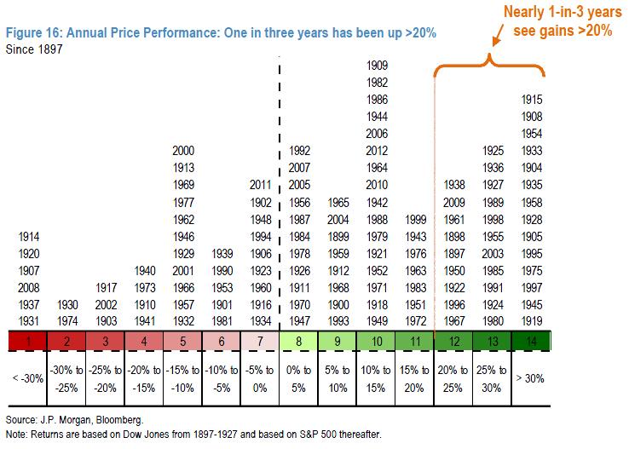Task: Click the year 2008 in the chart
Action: (x=28, y=287)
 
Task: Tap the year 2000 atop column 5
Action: (x=183, y=151)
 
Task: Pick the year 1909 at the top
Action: (x=377, y=66)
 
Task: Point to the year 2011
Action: (x=261, y=184)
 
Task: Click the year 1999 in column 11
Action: (x=415, y=219)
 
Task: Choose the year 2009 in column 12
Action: (x=454, y=202)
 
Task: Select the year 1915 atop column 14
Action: (x=532, y=100)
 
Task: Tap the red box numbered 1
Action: (x=28, y=342)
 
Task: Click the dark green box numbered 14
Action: (x=532, y=342)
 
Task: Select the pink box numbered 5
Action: (x=183, y=342)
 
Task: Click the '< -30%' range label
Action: (x=28, y=377)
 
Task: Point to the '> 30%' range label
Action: (x=532, y=377)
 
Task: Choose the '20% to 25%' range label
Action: (x=454, y=377)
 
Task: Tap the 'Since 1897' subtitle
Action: (x=35, y=49)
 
